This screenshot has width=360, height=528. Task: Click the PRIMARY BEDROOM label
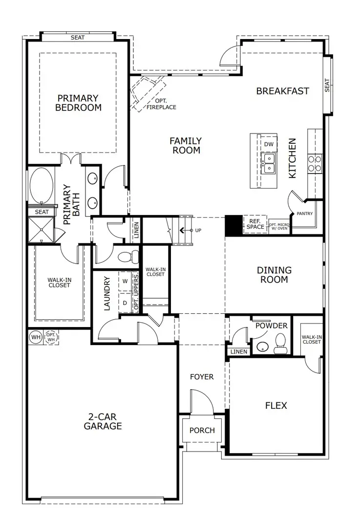pos(78,103)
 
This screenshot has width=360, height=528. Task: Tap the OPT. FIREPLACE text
pos(162,104)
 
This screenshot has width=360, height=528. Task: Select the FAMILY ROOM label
pos(186,146)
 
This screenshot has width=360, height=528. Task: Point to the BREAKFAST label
pos(282,91)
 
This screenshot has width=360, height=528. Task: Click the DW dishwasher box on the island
pos(268,144)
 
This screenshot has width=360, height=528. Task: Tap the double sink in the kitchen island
pos(268,163)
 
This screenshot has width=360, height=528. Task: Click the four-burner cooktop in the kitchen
pos(315,163)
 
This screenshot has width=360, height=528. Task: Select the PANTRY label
pos(305,214)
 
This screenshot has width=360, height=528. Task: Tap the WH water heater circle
pos(36,337)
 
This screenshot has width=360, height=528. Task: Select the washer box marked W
pos(125,281)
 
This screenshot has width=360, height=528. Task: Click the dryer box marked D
pos(125,303)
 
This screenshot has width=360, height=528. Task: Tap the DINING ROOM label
pos(274,275)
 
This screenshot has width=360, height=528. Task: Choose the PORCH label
pos(202,430)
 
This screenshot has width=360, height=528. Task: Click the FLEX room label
pos(276,405)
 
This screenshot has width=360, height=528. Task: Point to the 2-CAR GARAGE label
pos(103,421)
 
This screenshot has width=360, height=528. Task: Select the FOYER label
pos(202,377)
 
